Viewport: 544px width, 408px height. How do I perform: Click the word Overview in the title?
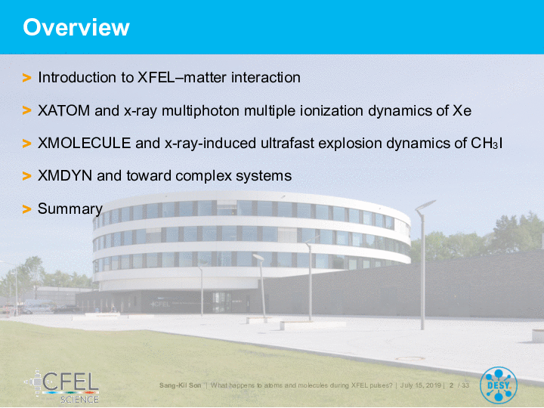pyautogui.click(x=76, y=27)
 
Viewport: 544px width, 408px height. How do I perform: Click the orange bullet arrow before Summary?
pyautogui.click(x=26, y=209)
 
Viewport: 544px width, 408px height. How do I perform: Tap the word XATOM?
pyautogui.click(x=63, y=110)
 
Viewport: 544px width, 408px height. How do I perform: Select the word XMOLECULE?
pyautogui.click(x=85, y=143)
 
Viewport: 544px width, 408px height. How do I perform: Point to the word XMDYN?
pyautogui.click(x=65, y=175)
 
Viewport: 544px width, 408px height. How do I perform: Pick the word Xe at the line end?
pyautogui.click(x=462, y=110)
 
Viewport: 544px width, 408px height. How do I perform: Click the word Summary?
pyautogui.click(x=70, y=209)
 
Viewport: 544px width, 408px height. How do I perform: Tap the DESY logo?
pyautogui.click(x=499, y=385)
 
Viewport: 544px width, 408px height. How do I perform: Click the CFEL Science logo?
pyautogui.click(x=62, y=387)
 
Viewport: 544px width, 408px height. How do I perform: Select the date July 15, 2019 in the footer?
pyautogui.click(x=421, y=385)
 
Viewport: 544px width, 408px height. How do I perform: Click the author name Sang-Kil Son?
pyautogui.click(x=180, y=385)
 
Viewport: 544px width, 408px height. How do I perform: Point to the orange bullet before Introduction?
pyautogui.click(x=26, y=78)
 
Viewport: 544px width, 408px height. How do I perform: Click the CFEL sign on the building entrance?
pyautogui.click(x=160, y=304)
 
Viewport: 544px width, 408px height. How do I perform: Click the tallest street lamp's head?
pyautogui.click(x=425, y=205)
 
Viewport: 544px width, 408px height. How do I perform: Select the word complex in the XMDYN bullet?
pyautogui.click(x=203, y=176)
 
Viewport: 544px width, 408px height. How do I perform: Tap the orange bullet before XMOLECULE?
pyautogui.click(x=26, y=144)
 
